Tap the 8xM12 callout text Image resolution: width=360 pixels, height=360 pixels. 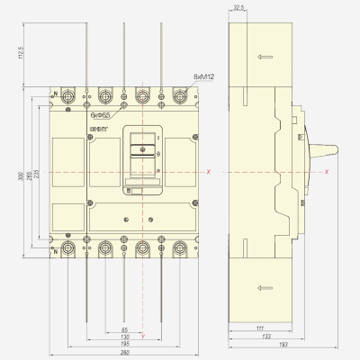pyautogui.click(x=205, y=80)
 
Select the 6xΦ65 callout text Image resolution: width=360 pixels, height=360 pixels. pyautogui.click(x=101, y=114)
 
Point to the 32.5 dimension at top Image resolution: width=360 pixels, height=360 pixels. pyautogui.click(x=238, y=8)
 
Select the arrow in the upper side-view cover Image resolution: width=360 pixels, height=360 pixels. pyautogui.click(x=262, y=58)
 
